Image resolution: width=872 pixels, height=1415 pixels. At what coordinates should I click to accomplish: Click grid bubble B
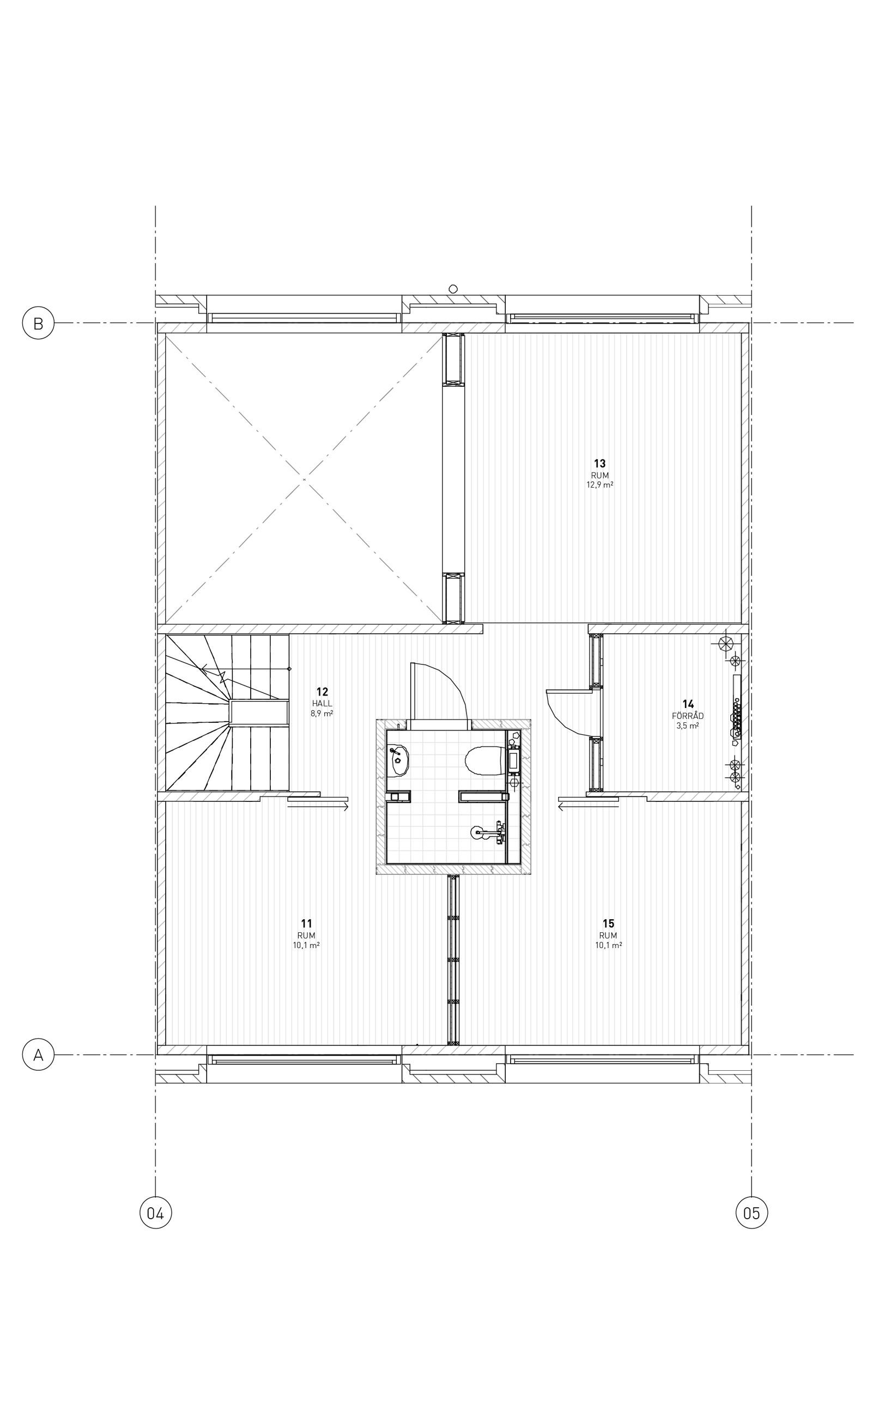tap(38, 323)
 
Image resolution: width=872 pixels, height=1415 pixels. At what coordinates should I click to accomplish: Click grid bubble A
tap(38, 1055)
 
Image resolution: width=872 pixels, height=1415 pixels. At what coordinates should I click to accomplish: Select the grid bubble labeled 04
tap(156, 1213)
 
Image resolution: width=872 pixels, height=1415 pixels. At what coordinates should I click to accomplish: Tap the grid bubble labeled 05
tap(752, 1213)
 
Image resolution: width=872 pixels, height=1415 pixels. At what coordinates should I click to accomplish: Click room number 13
tap(600, 464)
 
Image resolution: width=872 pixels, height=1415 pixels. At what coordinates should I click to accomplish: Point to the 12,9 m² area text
tap(600, 485)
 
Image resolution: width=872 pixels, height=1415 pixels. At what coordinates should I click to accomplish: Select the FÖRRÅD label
tap(687, 716)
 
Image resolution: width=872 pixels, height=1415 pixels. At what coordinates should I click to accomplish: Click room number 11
tap(306, 924)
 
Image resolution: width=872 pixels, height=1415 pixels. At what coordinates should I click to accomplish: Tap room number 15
tap(608, 924)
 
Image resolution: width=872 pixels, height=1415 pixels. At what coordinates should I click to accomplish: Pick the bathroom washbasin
tap(398, 760)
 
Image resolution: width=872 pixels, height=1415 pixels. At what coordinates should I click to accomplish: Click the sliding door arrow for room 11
tap(318, 807)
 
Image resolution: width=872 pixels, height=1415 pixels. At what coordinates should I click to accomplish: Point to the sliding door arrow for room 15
tap(588, 807)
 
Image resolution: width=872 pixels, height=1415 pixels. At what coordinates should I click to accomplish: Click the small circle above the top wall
tap(453, 289)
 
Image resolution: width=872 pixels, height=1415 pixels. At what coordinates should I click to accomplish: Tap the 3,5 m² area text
tap(687, 726)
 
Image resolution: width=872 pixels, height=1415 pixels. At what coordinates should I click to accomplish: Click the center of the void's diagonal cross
tap(304, 479)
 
